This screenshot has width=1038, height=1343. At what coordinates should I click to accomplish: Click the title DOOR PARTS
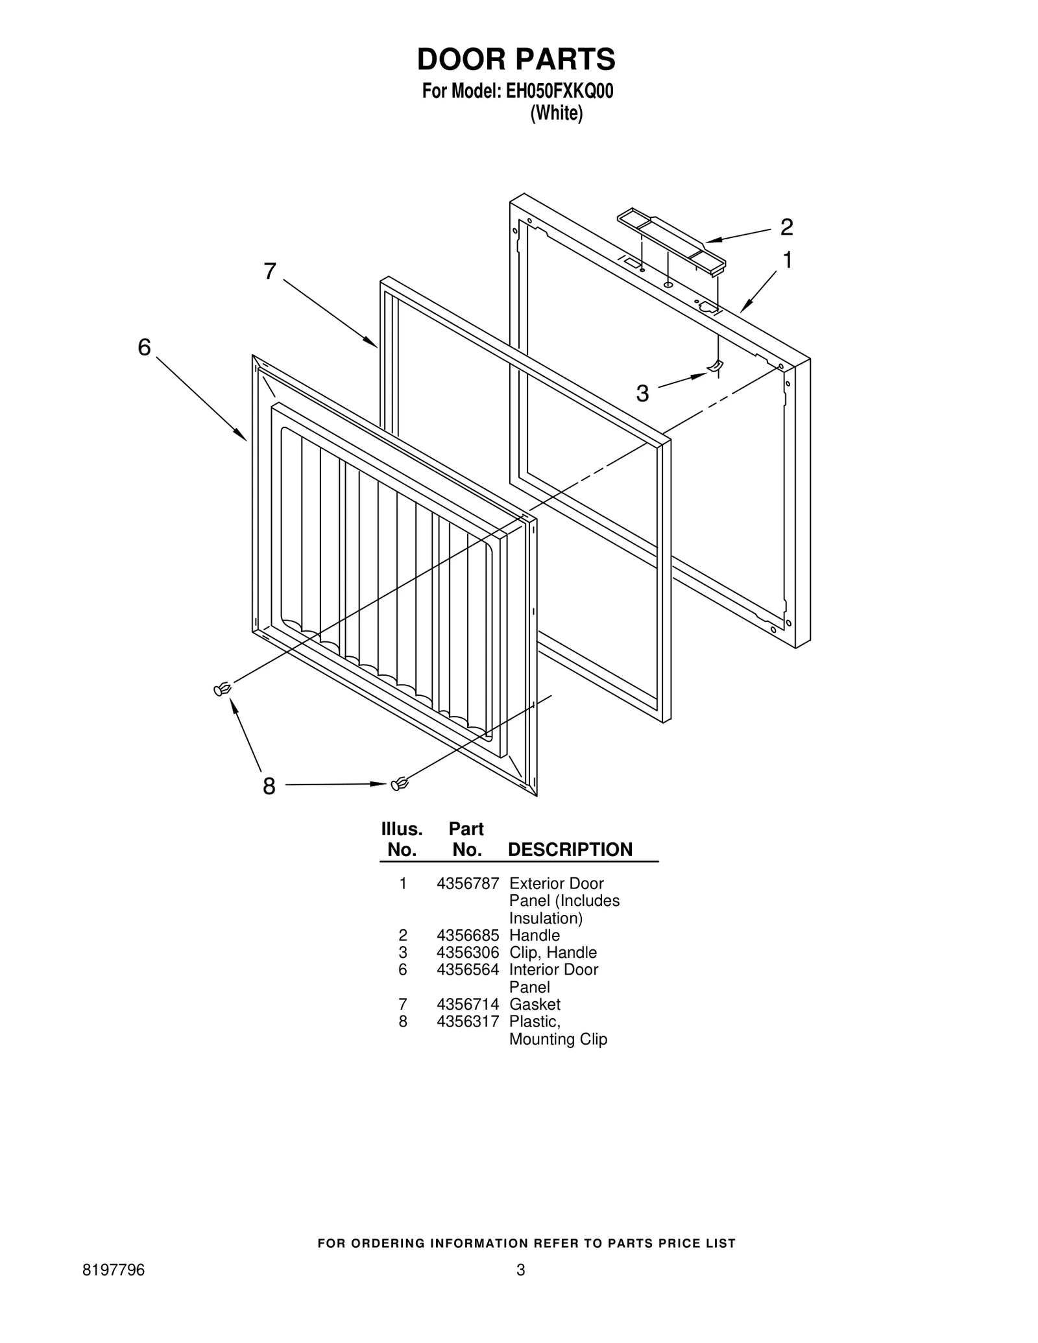(x=516, y=59)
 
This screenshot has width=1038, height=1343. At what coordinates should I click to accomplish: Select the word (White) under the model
(x=556, y=113)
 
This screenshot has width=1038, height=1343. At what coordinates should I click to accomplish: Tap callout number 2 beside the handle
(x=786, y=227)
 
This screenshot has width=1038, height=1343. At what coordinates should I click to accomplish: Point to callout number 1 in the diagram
(x=787, y=260)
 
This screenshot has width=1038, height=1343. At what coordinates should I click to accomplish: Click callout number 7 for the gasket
(x=270, y=271)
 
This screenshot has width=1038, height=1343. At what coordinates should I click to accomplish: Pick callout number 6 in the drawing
(x=144, y=348)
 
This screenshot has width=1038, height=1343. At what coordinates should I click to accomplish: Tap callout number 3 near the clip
(x=642, y=393)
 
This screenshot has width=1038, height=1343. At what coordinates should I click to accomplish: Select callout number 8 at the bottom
(x=269, y=787)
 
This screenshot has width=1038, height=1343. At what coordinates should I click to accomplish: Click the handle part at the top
(x=671, y=239)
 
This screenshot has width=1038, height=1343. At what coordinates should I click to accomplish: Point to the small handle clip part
(x=714, y=368)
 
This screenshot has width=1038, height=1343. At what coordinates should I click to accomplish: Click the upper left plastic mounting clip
(x=222, y=689)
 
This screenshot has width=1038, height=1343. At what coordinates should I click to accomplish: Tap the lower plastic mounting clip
(x=400, y=784)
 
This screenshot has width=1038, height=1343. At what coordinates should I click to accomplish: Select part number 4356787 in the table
(x=467, y=883)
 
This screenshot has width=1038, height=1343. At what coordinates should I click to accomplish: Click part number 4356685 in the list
(x=467, y=935)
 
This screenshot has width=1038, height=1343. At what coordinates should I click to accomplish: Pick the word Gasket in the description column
(x=535, y=1004)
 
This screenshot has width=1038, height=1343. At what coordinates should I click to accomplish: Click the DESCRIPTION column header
(x=570, y=850)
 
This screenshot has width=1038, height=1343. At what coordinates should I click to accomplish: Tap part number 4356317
(x=467, y=1021)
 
